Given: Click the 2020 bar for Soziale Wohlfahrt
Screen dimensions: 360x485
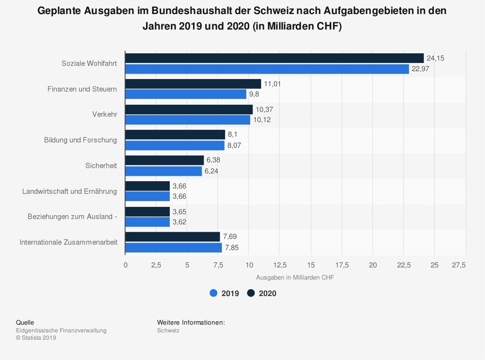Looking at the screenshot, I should tap(274, 58).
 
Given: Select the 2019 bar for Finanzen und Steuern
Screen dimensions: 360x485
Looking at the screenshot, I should tap(186, 94).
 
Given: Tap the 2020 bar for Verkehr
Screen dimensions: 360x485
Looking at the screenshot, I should tap(189, 110).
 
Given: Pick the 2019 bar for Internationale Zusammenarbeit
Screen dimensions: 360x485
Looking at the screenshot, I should tap(173, 248).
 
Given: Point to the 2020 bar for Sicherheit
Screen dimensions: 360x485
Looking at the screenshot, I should tap(164, 160).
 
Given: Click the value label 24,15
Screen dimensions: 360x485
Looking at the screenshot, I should tap(436, 58).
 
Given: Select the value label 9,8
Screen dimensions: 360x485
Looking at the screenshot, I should tap(254, 94).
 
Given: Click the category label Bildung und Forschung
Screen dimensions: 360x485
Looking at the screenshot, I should tap(81, 140).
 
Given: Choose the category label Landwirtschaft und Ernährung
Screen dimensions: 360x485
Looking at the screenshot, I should tap(69, 191).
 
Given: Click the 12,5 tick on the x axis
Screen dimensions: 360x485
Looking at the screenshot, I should tap(280, 265).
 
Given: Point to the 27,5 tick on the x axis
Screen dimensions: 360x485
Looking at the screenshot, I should tap(459, 265).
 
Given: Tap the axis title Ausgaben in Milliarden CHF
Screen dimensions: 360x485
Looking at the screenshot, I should tap(295, 278).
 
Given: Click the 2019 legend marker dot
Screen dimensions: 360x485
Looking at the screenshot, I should tap(213, 293).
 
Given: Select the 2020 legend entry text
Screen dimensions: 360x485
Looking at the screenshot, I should tap(268, 293).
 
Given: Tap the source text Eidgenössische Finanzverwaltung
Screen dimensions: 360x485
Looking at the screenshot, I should tap(61, 330).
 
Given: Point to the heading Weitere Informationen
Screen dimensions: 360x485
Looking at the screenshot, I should tap(191, 322).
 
